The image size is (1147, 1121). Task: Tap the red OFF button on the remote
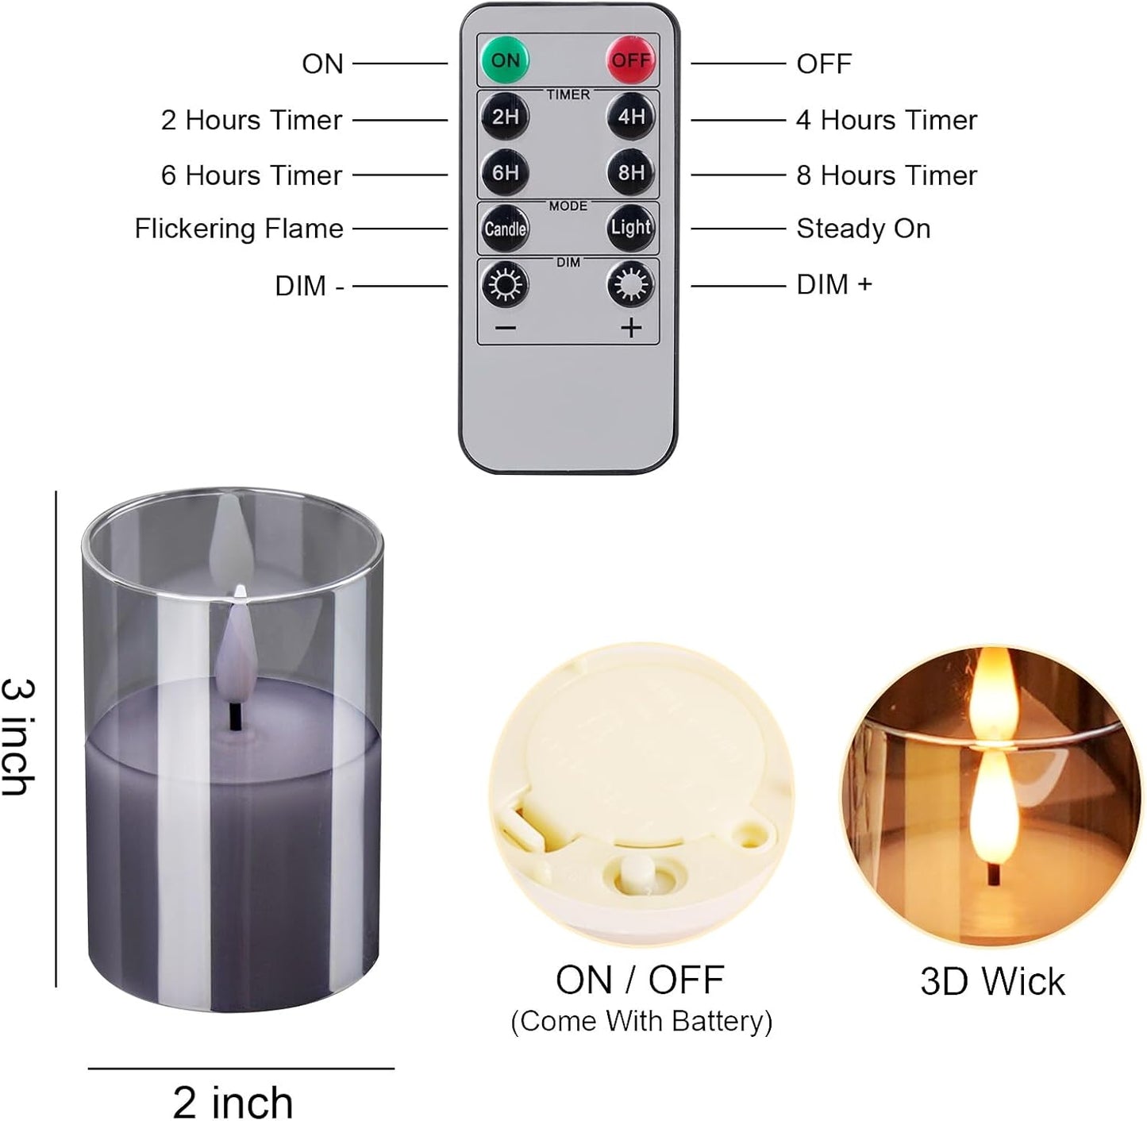click(631, 60)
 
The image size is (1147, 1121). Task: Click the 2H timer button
click(505, 117)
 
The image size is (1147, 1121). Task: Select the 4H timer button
click(631, 117)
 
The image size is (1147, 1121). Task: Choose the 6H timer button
click(505, 172)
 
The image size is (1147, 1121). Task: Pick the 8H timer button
click(631, 172)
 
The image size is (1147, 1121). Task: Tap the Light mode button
click(631, 228)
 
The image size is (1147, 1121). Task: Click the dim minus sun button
click(505, 284)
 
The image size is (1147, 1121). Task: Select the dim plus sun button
click(631, 284)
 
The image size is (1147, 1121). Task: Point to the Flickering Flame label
click(239, 229)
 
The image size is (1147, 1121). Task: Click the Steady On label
click(863, 229)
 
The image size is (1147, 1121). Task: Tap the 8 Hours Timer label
click(887, 175)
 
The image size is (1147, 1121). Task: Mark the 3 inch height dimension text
click(17, 737)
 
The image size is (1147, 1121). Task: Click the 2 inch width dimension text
click(233, 1102)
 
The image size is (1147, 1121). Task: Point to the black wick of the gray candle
click(235, 715)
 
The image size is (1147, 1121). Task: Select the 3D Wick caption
click(992, 981)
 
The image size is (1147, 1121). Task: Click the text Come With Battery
click(641, 1021)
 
